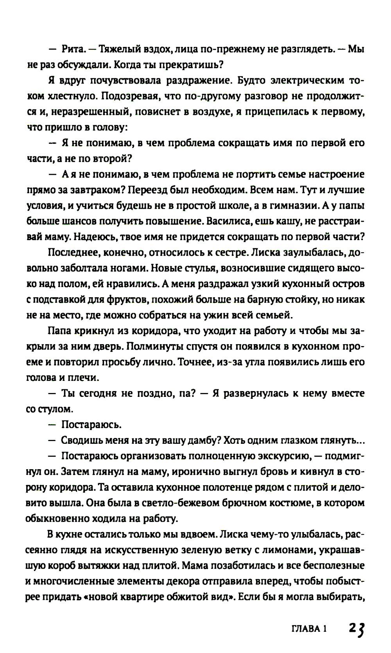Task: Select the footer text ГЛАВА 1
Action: pos(309,629)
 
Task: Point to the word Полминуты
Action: pos(149,346)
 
